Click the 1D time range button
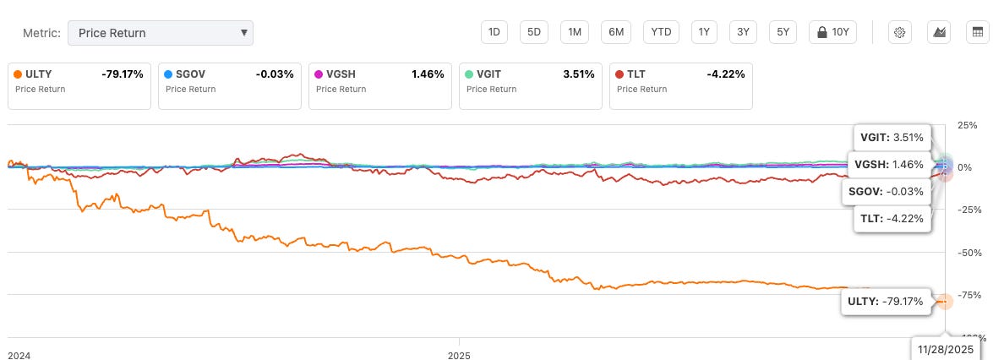[494, 32]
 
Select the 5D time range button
[534, 32]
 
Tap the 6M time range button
[617, 32]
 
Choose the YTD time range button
[662, 32]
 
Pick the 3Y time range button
[743, 32]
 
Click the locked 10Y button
[833, 32]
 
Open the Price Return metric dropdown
[160, 33]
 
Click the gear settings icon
[900, 32]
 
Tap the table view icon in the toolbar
[978, 32]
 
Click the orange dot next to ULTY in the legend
[19, 74]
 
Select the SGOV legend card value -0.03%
[275, 74]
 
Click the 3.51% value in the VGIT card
[577, 74]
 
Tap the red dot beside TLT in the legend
[620, 74]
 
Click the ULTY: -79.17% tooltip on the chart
[886, 300]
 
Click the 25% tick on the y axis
[967, 125]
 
